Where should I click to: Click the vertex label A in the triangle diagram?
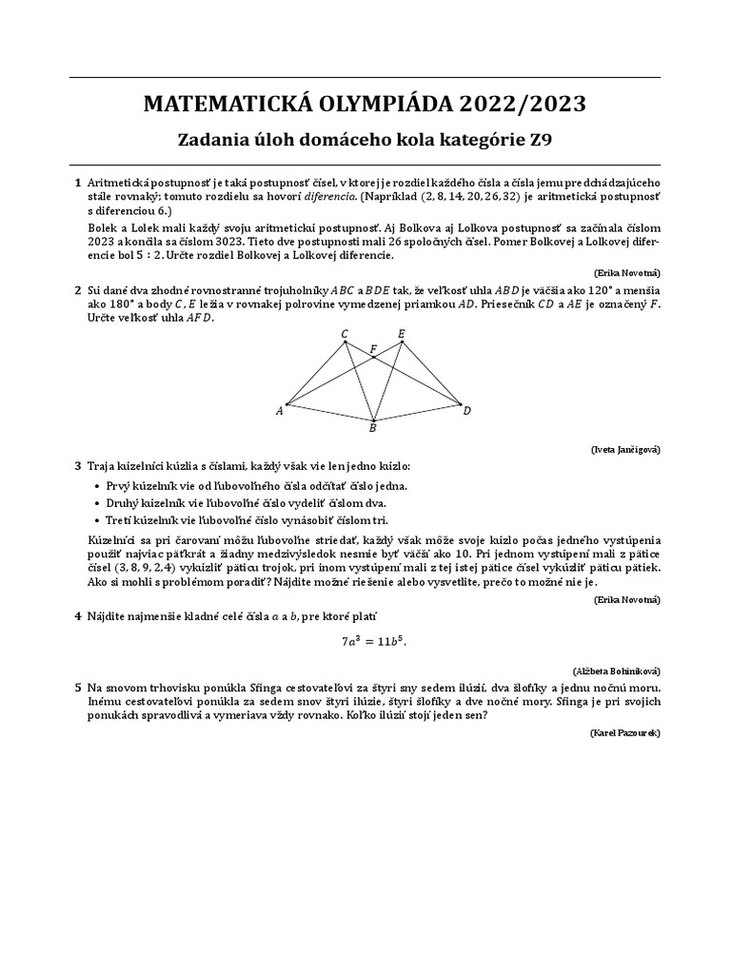[280, 411]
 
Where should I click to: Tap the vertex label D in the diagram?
[466, 411]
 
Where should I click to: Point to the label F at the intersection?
[373, 349]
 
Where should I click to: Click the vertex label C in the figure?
[344, 333]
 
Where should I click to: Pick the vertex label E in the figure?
[401, 333]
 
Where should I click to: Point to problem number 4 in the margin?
[78, 616]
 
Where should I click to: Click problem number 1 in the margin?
[78, 181]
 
